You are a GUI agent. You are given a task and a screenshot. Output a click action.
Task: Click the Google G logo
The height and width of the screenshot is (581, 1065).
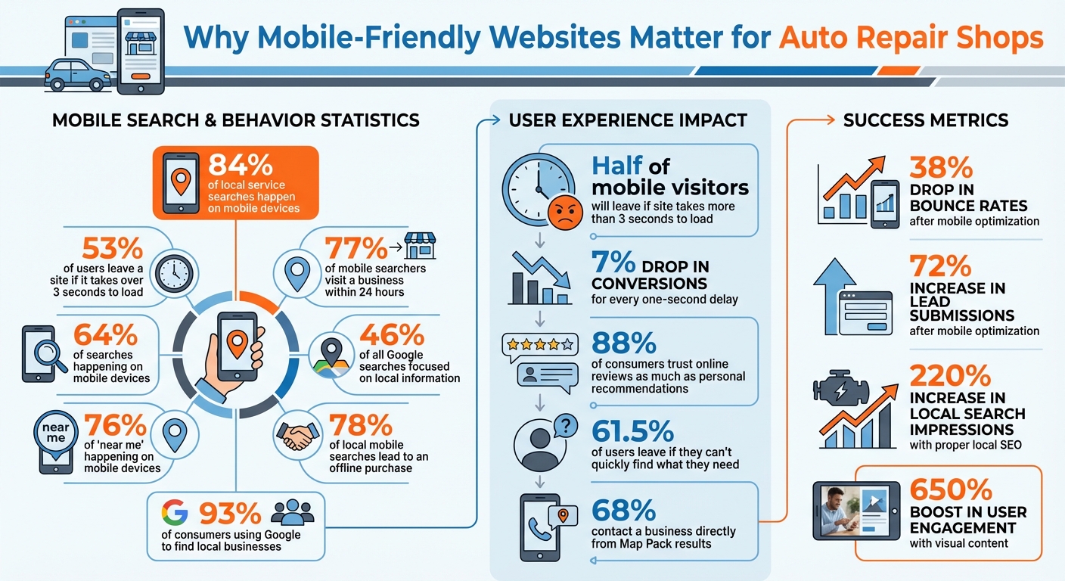tap(175, 512)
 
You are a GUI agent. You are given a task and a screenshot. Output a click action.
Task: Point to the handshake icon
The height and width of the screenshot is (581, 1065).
tap(297, 434)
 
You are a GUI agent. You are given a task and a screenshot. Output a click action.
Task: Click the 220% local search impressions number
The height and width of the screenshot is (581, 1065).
tap(950, 375)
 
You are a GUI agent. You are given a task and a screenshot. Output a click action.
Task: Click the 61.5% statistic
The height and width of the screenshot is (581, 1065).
tap(632, 430)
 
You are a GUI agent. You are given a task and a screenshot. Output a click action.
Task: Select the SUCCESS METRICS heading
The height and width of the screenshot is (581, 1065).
tap(926, 120)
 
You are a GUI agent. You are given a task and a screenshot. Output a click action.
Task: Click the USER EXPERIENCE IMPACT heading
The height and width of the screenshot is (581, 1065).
tap(628, 120)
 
